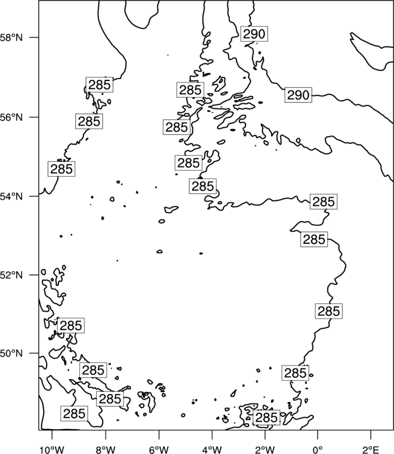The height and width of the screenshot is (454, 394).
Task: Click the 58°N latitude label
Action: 12,38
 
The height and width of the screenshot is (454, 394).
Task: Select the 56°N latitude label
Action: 12,117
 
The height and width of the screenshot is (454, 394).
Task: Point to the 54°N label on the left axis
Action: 12,197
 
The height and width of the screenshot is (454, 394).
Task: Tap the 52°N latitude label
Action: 12,275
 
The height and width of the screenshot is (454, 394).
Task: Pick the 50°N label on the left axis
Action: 12,354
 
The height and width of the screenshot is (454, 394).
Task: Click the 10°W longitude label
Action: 52,450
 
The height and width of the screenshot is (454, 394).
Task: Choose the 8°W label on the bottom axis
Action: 105,450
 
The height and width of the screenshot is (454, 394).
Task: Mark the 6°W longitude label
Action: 159,450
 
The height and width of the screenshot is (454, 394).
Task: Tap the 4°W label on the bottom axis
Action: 212,450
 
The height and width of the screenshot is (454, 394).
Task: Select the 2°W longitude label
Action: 265,450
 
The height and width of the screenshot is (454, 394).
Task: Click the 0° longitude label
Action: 318,450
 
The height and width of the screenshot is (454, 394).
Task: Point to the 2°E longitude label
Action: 371,450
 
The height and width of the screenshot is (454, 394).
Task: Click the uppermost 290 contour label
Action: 254,34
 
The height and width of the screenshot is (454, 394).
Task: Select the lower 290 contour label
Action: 298,95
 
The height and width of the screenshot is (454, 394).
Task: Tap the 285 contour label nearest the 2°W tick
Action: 267,418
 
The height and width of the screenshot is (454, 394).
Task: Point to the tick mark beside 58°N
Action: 34,38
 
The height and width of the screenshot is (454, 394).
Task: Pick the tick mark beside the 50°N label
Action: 34,353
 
